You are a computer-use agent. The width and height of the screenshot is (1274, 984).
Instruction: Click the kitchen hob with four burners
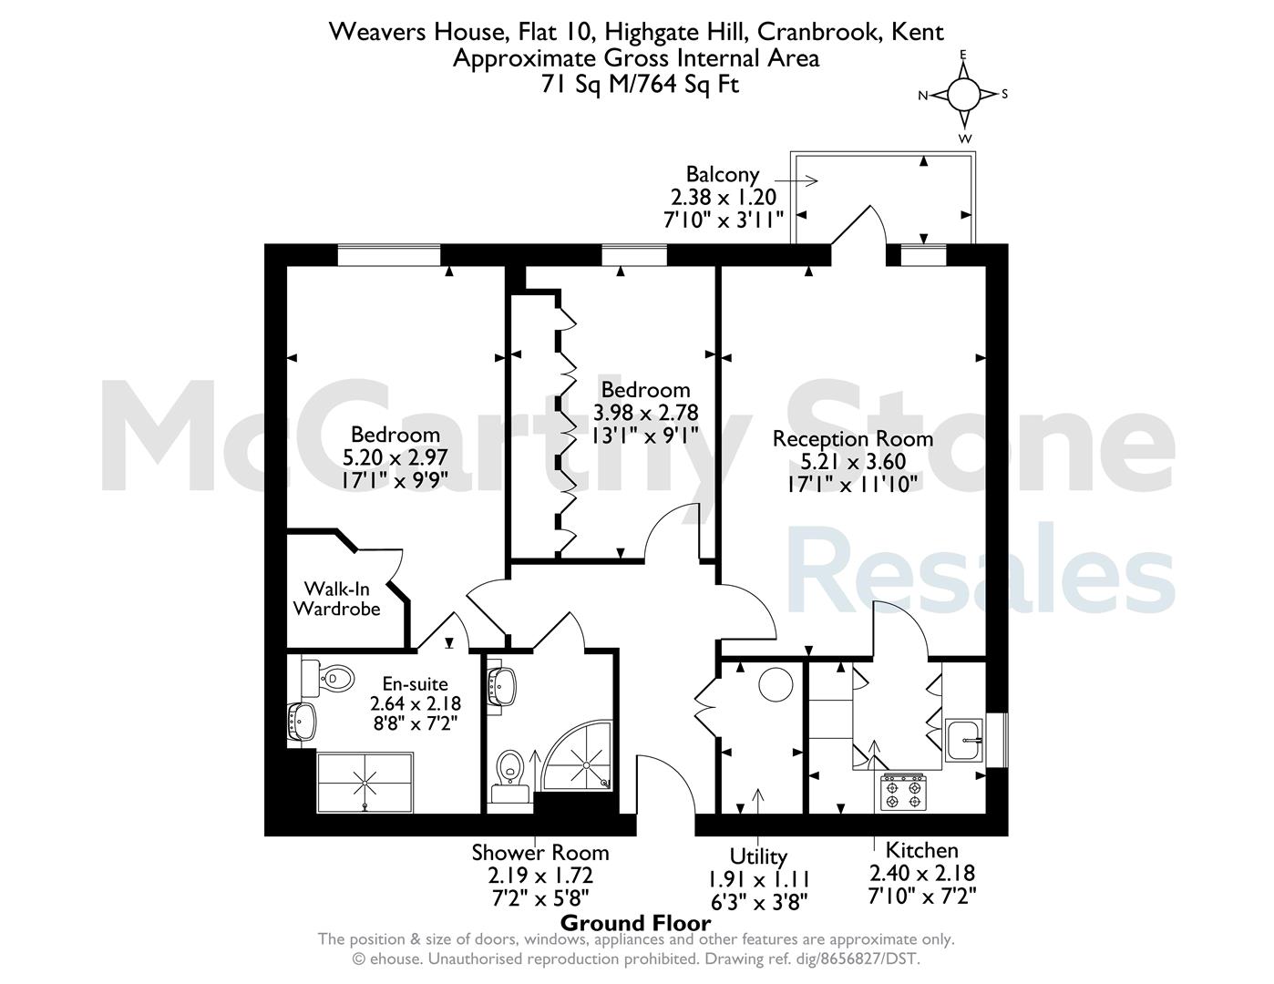click(x=903, y=792)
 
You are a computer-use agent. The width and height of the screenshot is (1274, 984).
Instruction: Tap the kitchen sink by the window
click(x=964, y=741)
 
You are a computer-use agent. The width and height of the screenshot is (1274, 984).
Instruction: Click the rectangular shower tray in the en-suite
click(x=365, y=783)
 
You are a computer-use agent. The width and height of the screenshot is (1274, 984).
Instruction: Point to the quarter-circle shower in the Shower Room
click(x=580, y=756)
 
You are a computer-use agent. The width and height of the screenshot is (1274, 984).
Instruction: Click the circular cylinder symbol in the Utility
click(x=776, y=684)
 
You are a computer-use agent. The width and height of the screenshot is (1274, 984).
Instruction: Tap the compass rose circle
click(x=963, y=95)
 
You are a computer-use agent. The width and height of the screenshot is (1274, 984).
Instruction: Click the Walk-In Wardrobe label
click(x=336, y=599)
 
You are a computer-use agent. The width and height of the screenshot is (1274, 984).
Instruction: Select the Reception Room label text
click(x=852, y=439)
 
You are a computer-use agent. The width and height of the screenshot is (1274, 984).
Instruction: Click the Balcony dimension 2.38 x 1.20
click(x=724, y=197)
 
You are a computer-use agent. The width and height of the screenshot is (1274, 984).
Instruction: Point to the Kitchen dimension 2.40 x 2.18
click(x=921, y=873)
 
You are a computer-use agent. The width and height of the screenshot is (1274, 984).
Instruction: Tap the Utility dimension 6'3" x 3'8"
click(x=758, y=902)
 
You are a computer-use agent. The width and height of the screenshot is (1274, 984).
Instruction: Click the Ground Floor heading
click(x=636, y=924)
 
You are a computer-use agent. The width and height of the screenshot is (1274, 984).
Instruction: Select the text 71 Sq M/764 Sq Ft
click(x=640, y=85)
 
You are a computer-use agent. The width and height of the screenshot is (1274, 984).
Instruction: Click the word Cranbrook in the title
click(x=818, y=32)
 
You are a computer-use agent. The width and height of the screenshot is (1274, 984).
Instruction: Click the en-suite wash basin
click(x=302, y=722)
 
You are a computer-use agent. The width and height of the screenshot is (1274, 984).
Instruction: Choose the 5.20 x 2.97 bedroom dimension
click(x=395, y=457)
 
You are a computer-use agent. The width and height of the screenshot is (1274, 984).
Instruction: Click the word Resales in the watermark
click(x=981, y=569)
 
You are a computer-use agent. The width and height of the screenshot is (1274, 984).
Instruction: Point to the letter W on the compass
click(x=964, y=138)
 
